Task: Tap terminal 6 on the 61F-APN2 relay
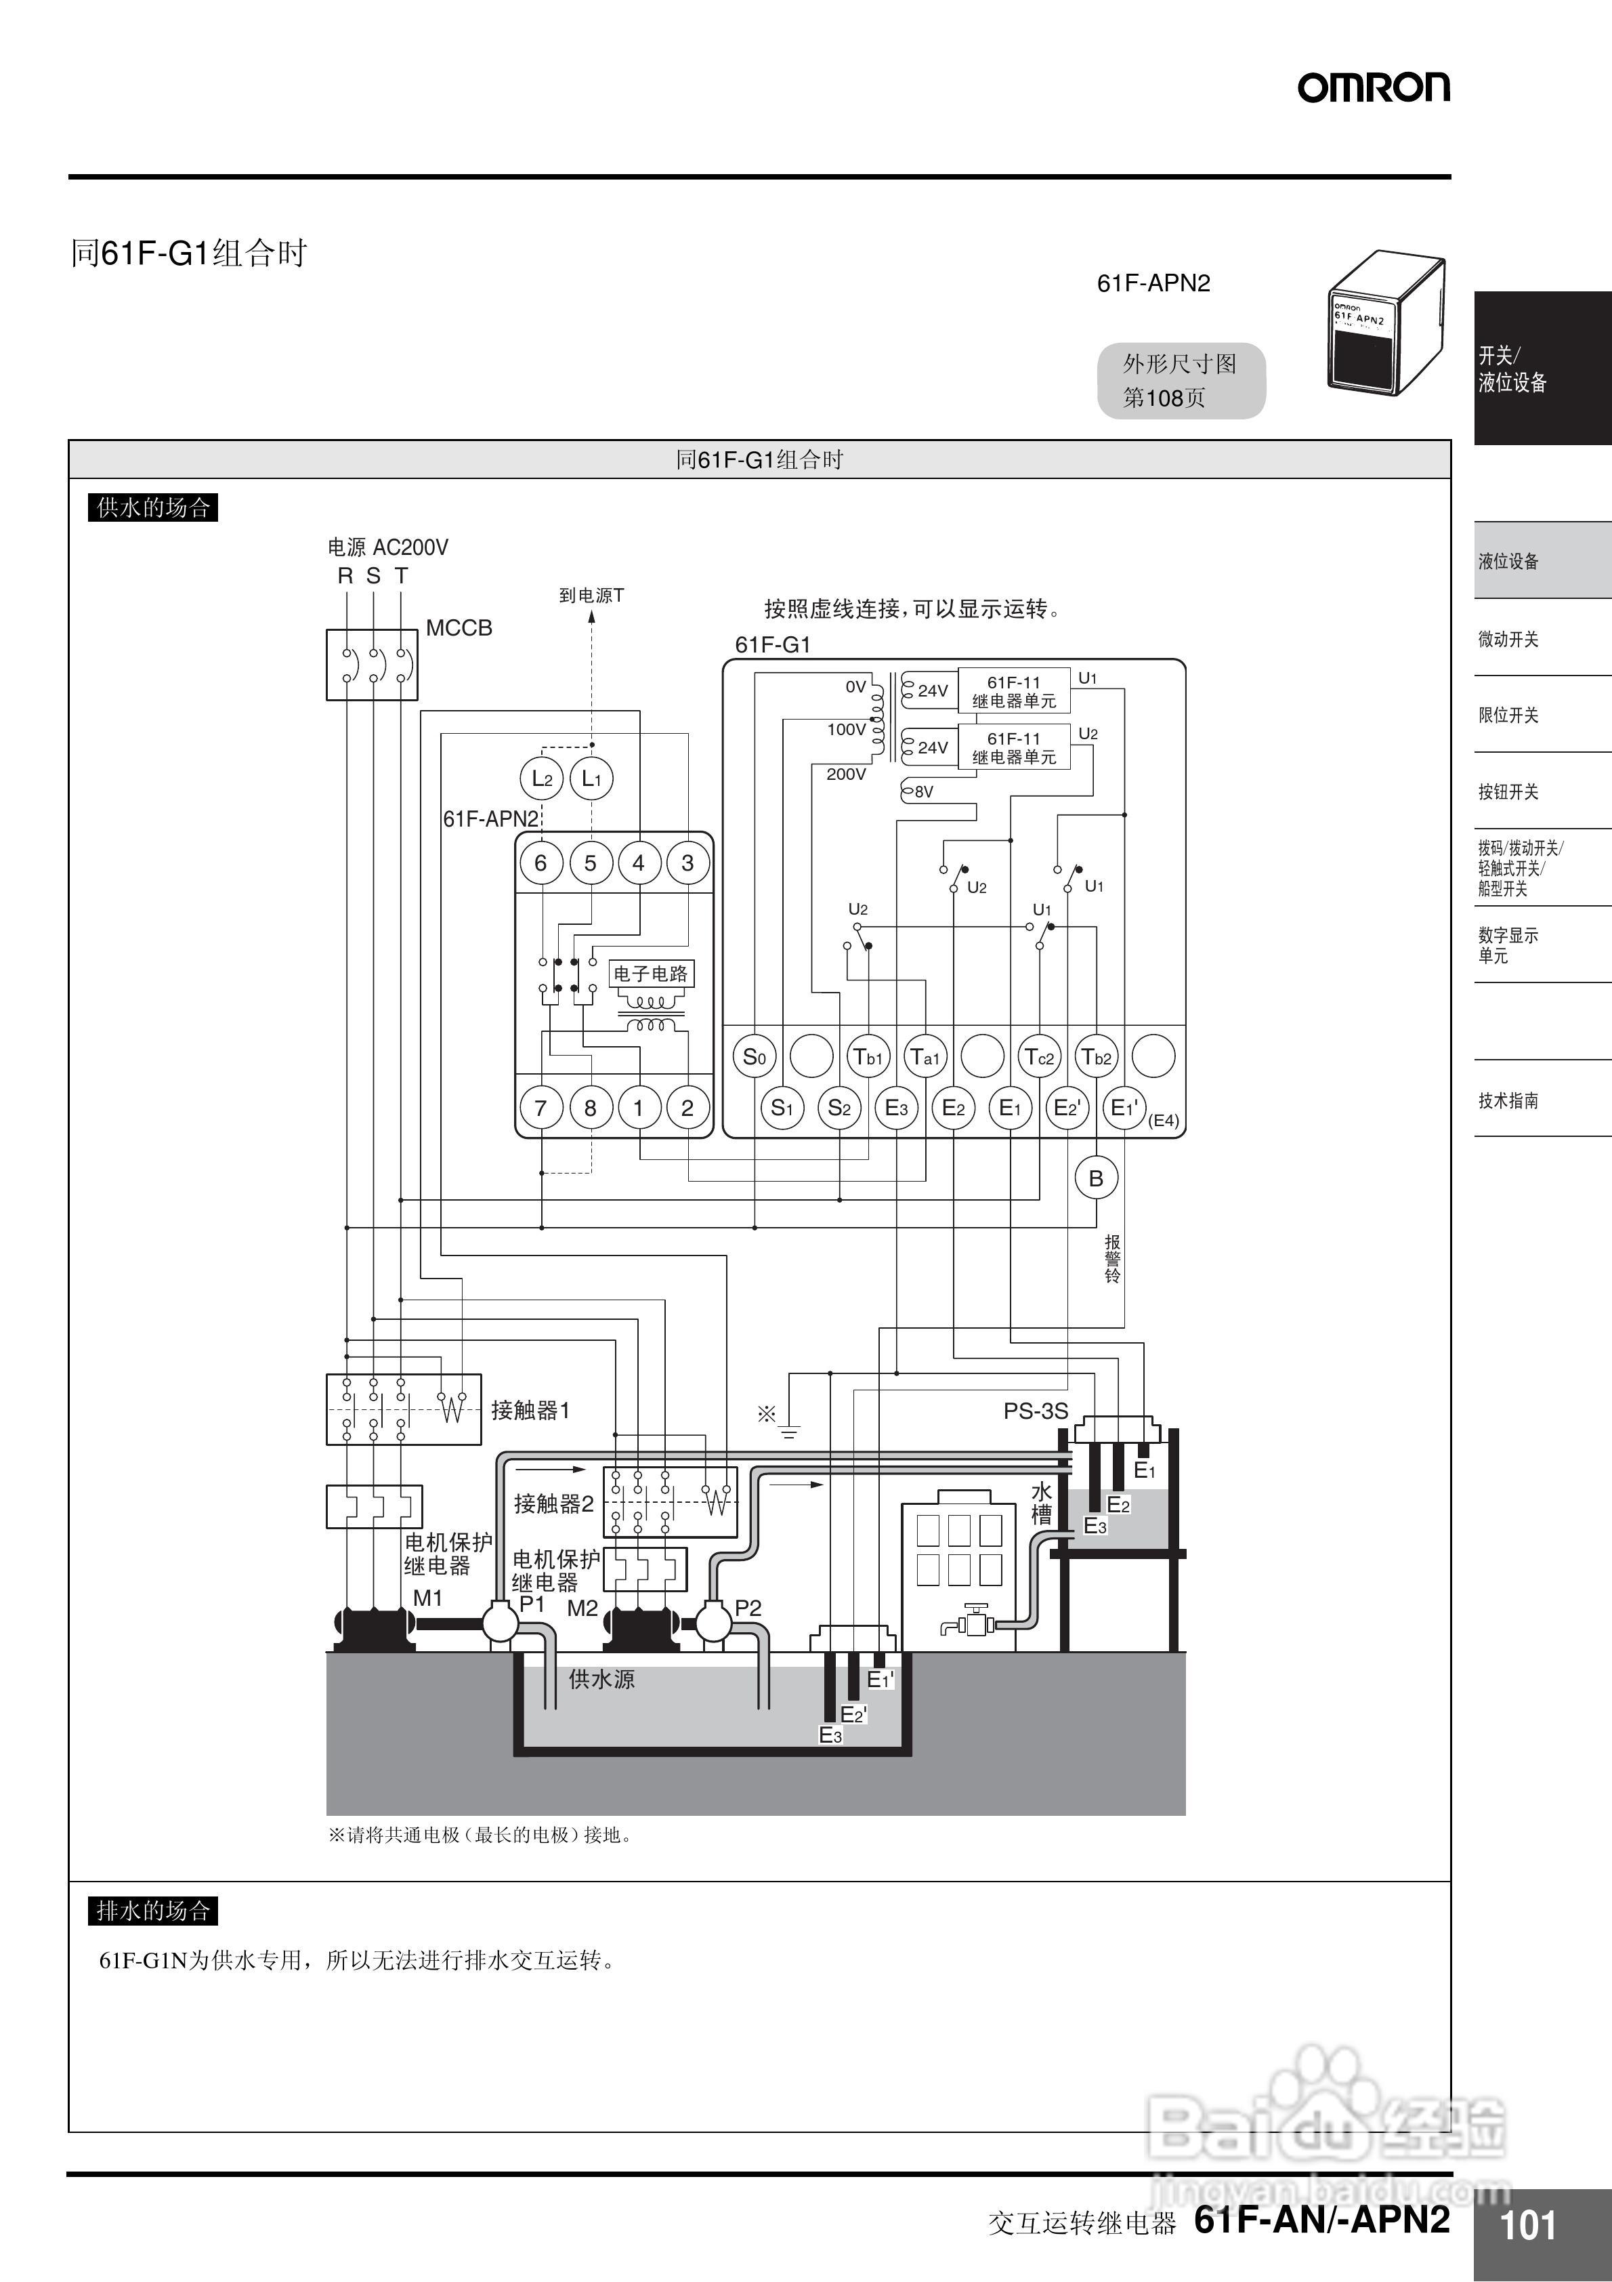click(540, 863)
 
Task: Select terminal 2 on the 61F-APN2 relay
click(687, 1107)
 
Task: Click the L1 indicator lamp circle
click(591, 779)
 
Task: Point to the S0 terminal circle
click(755, 1056)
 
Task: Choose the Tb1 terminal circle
click(868, 1056)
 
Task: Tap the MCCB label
click(459, 628)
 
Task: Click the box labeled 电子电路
click(651, 973)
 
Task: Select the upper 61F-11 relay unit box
click(1014, 690)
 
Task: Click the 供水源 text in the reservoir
click(601, 1680)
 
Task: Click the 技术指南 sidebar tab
click(1508, 1100)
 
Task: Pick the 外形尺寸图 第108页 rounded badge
click(1181, 381)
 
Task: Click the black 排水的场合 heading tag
click(153, 1910)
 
